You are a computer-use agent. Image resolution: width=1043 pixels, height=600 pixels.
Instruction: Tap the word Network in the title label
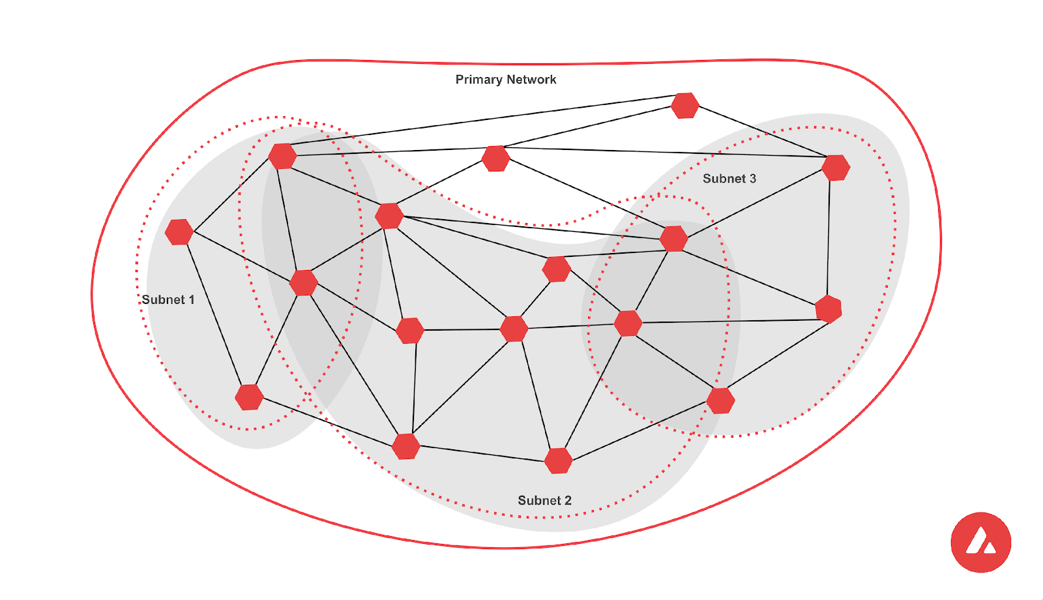point(531,80)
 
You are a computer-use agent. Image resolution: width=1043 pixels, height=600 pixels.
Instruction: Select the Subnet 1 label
point(168,300)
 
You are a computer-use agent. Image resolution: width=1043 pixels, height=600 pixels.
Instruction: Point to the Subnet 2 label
point(544,500)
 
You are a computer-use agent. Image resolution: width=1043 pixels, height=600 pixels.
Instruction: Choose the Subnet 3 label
point(729,179)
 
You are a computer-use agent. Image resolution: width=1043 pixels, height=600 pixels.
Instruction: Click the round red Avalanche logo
point(980,543)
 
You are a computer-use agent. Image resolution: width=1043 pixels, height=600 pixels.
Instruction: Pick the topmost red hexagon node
point(685,106)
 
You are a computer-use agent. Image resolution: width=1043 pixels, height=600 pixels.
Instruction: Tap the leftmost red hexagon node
point(179,232)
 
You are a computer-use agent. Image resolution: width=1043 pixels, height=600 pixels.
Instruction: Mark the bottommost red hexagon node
point(559,460)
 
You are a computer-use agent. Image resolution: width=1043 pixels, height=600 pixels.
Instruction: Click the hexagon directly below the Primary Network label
point(495,158)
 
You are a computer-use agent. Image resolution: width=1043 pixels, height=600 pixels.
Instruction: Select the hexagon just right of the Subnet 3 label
point(836,168)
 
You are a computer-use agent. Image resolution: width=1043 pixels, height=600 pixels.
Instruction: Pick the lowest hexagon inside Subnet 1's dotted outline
point(249,397)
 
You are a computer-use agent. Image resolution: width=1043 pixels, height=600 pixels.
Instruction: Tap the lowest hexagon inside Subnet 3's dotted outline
point(720,400)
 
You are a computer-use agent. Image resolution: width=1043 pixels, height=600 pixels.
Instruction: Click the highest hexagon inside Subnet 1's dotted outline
point(282,157)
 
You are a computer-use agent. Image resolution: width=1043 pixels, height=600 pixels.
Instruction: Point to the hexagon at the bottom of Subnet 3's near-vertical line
point(829,309)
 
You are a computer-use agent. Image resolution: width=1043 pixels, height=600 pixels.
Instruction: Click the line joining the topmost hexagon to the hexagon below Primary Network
point(590,127)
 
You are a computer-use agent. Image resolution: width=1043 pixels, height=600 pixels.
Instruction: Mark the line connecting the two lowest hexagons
point(482,453)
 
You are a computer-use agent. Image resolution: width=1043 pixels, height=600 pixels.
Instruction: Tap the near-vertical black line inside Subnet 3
point(829,238)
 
